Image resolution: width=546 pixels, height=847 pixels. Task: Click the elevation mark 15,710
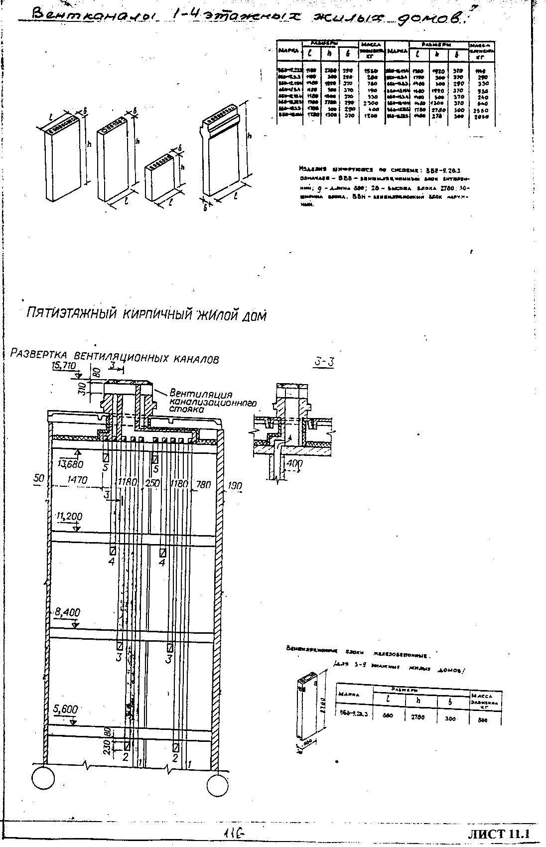click(x=63, y=366)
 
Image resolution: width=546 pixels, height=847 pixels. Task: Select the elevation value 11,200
click(x=69, y=516)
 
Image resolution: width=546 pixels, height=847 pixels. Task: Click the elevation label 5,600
click(x=64, y=709)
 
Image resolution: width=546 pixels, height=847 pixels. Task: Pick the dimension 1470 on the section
click(x=77, y=481)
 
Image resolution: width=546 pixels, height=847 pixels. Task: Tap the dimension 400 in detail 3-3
click(x=295, y=464)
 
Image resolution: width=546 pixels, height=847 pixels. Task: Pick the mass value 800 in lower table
click(x=482, y=720)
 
